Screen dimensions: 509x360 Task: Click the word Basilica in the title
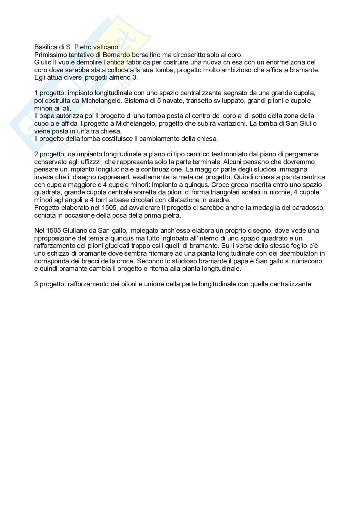click(44, 47)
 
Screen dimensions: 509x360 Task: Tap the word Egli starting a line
click(40, 77)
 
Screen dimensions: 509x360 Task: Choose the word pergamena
click(303, 154)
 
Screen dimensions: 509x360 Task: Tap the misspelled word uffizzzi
click(93, 162)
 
